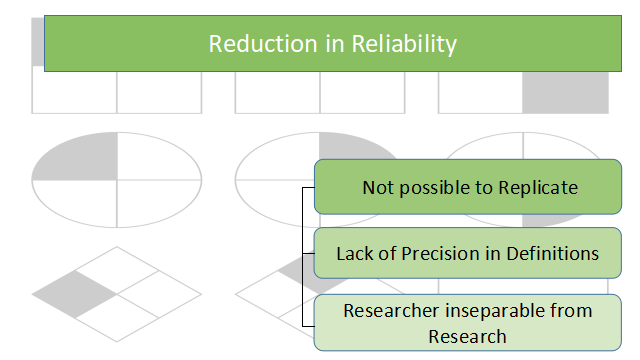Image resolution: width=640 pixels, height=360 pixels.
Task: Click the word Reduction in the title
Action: tap(250, 45)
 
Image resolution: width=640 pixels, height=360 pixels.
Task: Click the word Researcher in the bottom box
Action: tap(389, 310)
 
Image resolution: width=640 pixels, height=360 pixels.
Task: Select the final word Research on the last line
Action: tap(468, 335)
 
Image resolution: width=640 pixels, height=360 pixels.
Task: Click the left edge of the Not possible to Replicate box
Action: tap(316, 187)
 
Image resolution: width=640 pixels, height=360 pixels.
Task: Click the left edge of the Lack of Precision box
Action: tap(316, 253)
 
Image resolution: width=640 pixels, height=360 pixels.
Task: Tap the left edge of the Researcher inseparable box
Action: tap(316, 322)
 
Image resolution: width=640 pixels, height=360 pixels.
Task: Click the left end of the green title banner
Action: tap(47, 45)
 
